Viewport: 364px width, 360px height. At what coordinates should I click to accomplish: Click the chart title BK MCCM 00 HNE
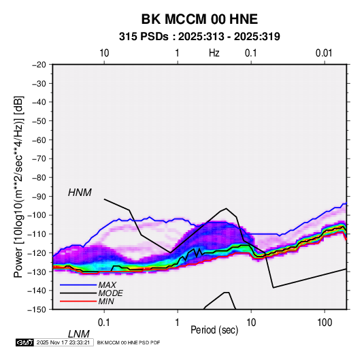[199, 19]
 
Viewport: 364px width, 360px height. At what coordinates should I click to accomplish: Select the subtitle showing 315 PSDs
[199, 37]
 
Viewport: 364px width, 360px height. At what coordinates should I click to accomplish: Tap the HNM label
[80, 193]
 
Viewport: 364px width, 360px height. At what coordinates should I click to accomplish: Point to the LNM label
[79, 334]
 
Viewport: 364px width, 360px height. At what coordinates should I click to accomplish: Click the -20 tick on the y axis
[39, 65]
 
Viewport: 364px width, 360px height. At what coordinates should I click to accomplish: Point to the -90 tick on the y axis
[39, 197]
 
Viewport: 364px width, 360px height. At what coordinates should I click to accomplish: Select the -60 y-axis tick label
[39, 140]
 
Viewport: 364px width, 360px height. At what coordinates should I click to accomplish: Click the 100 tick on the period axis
[325, 323]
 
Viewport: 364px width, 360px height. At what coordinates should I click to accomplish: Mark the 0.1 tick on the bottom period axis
[104, 323]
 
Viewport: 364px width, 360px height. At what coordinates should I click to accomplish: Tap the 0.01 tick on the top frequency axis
[324, 53]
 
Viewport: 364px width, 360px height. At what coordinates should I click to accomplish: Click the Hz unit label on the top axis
[214, 53]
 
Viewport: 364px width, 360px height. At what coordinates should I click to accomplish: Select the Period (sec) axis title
[214, 330]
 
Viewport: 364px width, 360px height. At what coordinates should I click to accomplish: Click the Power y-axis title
[18, 187]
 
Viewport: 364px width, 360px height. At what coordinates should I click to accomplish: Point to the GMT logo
[24, 342]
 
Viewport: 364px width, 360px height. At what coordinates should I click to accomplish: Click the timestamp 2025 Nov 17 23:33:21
[63, 342]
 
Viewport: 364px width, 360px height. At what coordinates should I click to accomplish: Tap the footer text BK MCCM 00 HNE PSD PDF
[129, 342]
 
